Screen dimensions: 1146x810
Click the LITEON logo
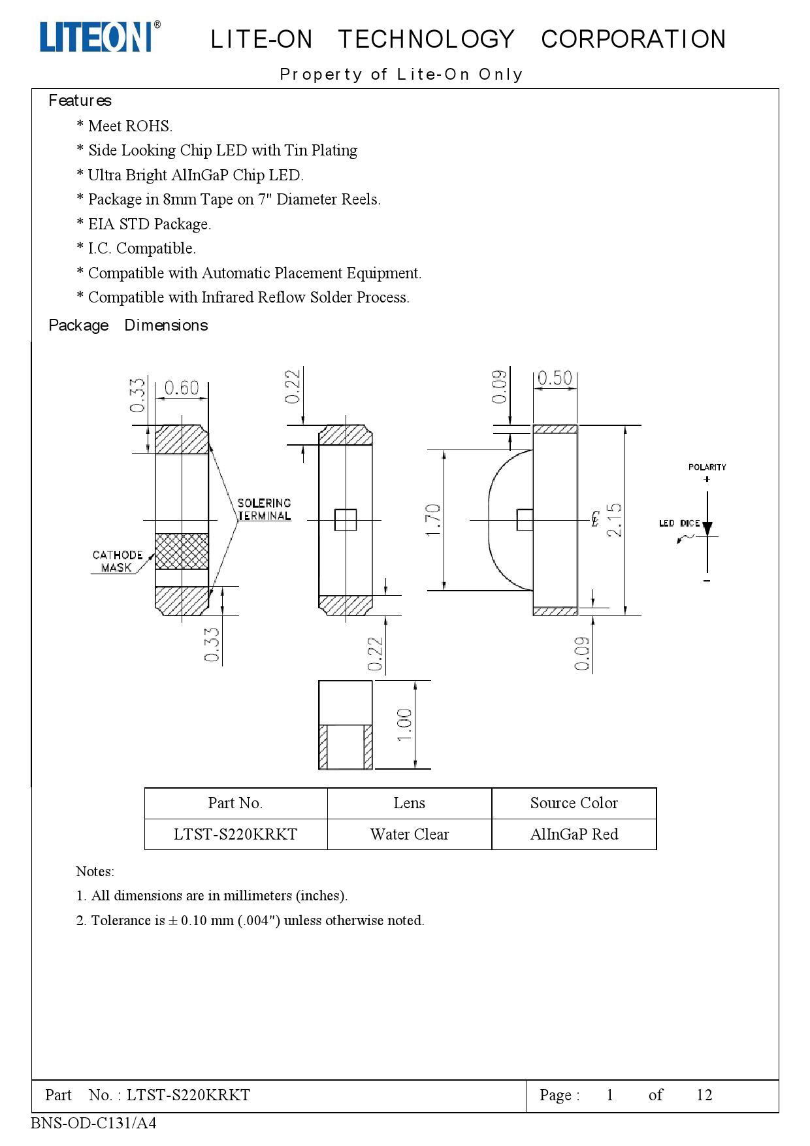coord(98,37)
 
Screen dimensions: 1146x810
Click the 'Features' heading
coord(80,101)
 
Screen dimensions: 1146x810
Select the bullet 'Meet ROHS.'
coord(129,126)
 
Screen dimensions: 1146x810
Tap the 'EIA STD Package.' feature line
coord(149,224)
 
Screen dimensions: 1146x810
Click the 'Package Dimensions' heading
coord(128,325)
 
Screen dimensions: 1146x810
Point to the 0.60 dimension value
coord(181,388)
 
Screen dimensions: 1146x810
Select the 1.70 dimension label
coord(433,520)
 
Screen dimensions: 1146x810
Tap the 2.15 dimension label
coord(615,520)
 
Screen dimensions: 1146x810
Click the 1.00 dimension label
coord(404,725)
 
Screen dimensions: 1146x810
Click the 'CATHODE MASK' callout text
coord(117,561)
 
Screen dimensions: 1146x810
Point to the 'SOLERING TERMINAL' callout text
coord(264,510)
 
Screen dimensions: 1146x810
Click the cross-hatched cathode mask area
coord(182,551)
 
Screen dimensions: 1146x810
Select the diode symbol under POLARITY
coord(707,529)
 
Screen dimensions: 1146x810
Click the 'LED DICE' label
coord(679,523)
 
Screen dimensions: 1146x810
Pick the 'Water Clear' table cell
coord(409,834)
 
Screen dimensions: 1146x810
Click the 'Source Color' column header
coord(574,803)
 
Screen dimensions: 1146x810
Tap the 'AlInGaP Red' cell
coord(574,834)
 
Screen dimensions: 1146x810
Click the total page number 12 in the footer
coord(704,1095)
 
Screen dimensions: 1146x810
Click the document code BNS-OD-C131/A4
coord(93,1123)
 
